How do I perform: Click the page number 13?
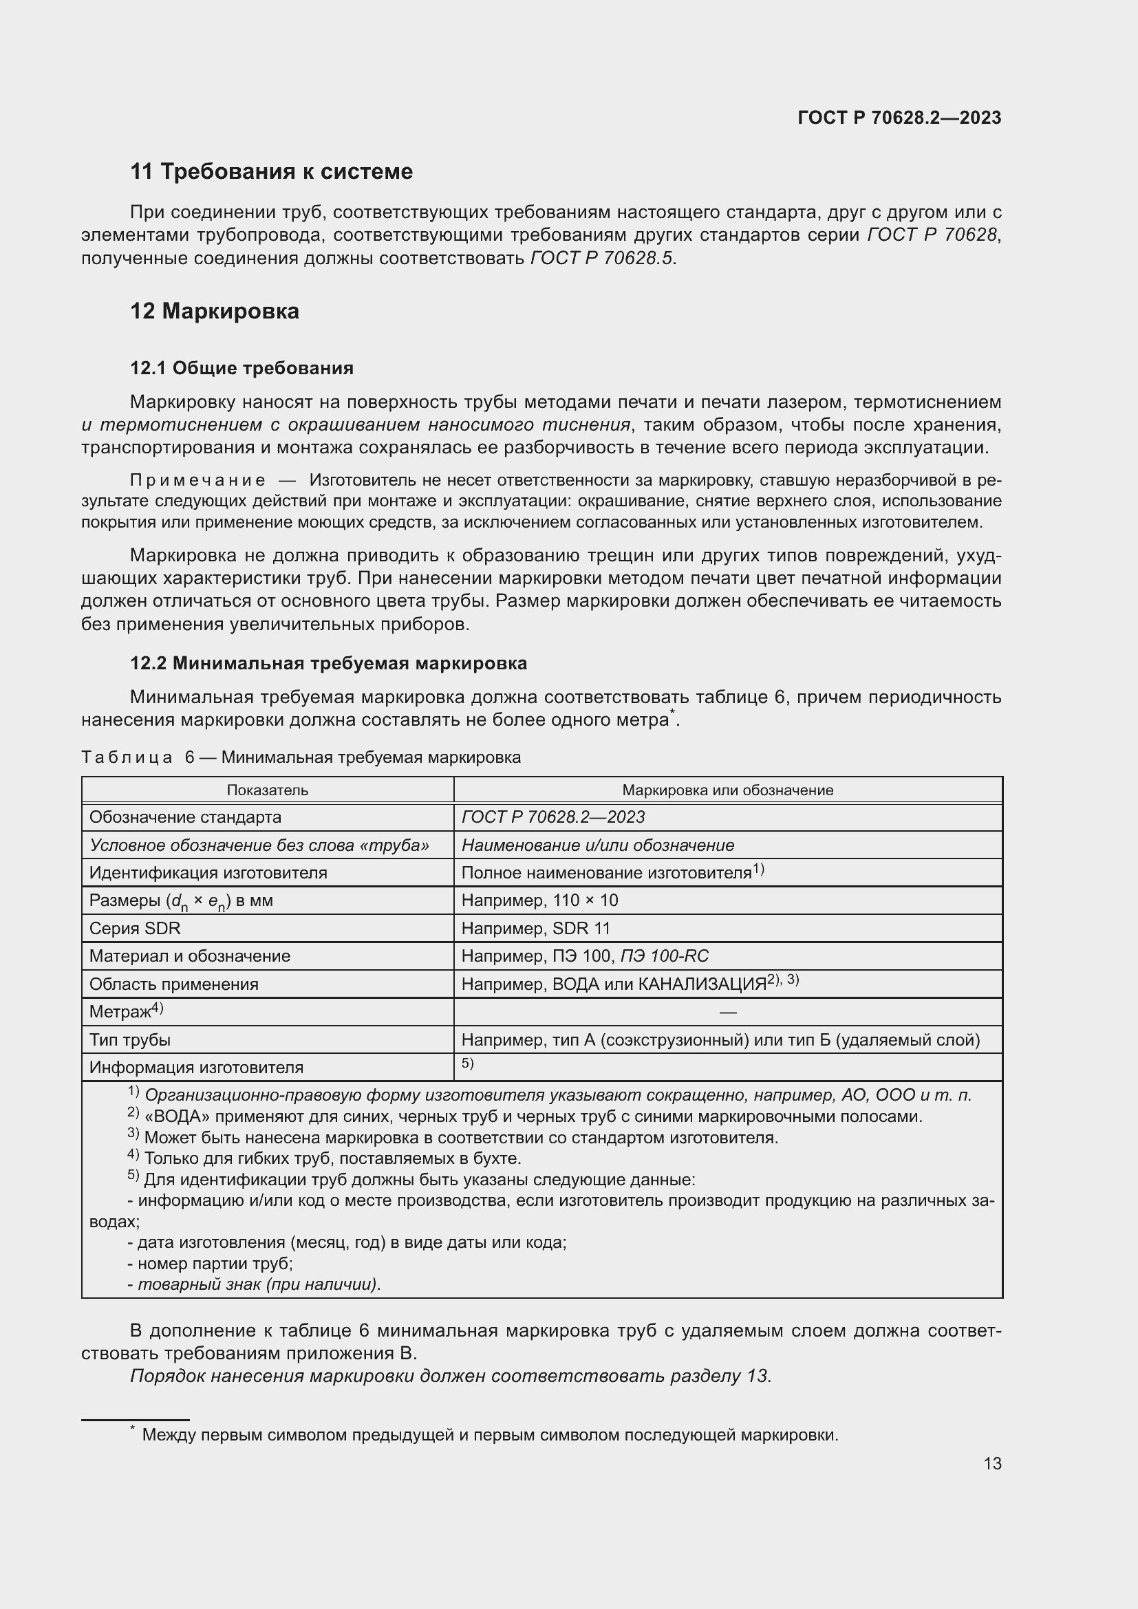click(x=992, y=1463)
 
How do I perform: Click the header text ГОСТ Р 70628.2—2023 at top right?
click(x=899, y=118)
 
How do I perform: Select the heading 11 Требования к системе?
click(x=271, y=171)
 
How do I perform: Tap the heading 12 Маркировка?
click(x=215, y=311)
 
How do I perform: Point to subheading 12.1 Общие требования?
click(x=241, y=368)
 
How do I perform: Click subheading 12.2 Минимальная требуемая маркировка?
click(x=328, y=663)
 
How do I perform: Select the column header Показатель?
click(x=267, y=790)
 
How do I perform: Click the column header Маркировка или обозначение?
click(x=727, y=790)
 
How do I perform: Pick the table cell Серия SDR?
click(x=135, y=929)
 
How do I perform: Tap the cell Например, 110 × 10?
click(x=539, y=900)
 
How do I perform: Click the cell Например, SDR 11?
click(x=536, y=929)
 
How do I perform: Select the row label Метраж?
click(x=120, y=1012)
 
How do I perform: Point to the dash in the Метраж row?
click(x=727, y=1012)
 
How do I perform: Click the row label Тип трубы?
click(x=129, y=1040)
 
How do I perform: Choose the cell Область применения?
click(x=173, y=984)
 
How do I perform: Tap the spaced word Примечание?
click(x=197, y=480)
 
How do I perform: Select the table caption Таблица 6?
click(x=138, y=757)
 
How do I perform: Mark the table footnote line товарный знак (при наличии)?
click(x=257, y=1284)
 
